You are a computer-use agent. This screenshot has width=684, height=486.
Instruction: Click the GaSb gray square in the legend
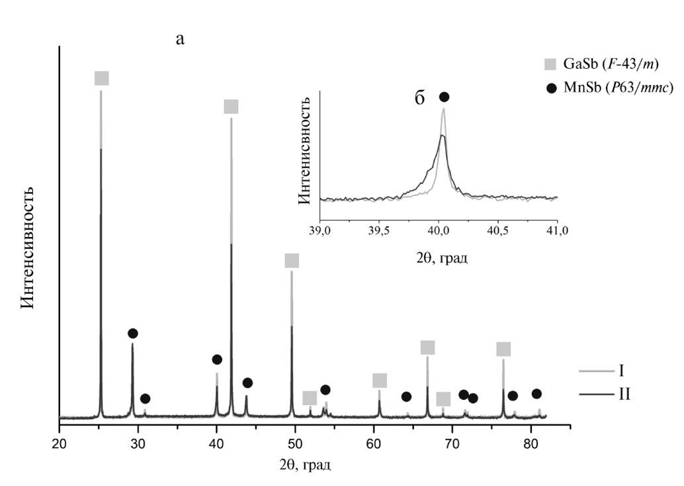tap(550, 64)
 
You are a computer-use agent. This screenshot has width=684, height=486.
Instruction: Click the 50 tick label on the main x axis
tap(295, 443)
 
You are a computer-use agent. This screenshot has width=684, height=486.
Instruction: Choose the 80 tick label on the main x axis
tap(531, 443)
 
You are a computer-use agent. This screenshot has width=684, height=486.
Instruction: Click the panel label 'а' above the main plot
tap(180, 39)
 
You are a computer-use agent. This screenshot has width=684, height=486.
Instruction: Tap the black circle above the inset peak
tap(444, 97)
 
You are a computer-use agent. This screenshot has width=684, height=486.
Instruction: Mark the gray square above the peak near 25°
tap(101, 78)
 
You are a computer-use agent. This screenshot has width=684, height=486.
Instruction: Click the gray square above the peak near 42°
tap(231, 107)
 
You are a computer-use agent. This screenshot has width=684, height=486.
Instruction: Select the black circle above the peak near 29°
tap(132, 333)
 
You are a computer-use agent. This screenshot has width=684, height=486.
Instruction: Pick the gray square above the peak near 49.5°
tap(292, 261)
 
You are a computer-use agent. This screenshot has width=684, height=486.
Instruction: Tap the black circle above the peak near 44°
tap(247, 383)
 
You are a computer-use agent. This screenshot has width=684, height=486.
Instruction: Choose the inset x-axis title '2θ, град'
tap(438, 257)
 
